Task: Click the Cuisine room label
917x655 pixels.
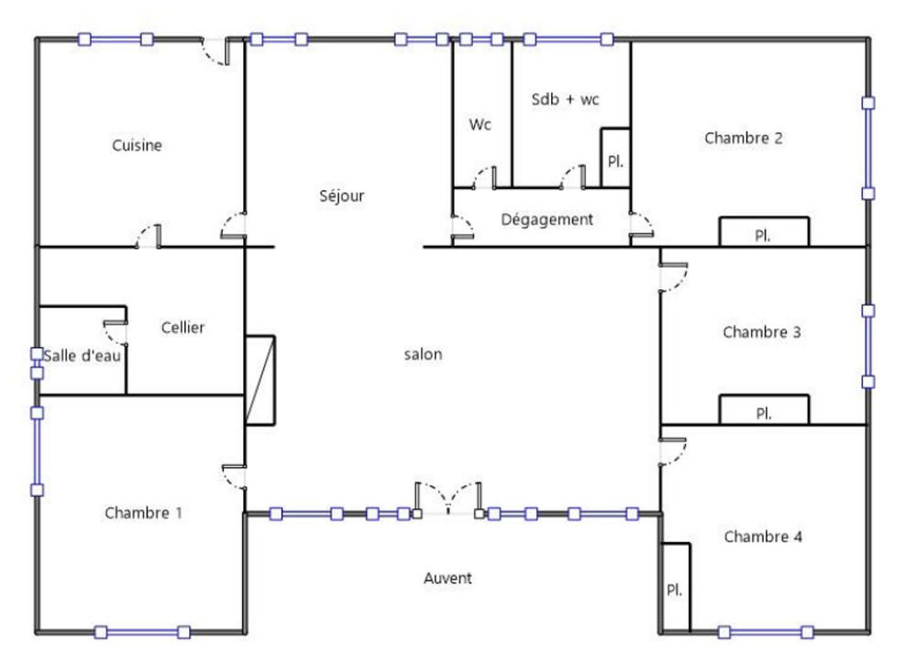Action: tap(138, 145)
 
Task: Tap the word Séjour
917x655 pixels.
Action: tap(342, 195)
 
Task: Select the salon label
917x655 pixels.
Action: tap(424, 355)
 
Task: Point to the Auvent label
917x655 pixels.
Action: tap(447, 578)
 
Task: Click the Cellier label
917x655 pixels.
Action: tap(182, 327)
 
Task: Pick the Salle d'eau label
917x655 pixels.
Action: tap(83, 355)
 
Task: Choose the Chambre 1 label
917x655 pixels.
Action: tap(142, 513)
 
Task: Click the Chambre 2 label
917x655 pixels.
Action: tap(743, 139)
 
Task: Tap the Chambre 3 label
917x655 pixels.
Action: tap(762, 332)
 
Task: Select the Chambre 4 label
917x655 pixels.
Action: tap(763, 537)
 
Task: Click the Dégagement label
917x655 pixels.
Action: tap(547, 220)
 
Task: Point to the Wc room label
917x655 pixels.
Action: tap(481, 125)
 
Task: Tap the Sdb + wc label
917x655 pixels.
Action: tap(565, 99)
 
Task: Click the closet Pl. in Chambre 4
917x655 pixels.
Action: tap(674, 588)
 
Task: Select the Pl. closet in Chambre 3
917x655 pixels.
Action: tap(763, 412)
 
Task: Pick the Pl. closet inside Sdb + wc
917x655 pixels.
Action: tap(614, 161)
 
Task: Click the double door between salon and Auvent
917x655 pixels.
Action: tap(448, 500)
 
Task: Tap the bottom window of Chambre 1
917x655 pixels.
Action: tap(142, 631)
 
